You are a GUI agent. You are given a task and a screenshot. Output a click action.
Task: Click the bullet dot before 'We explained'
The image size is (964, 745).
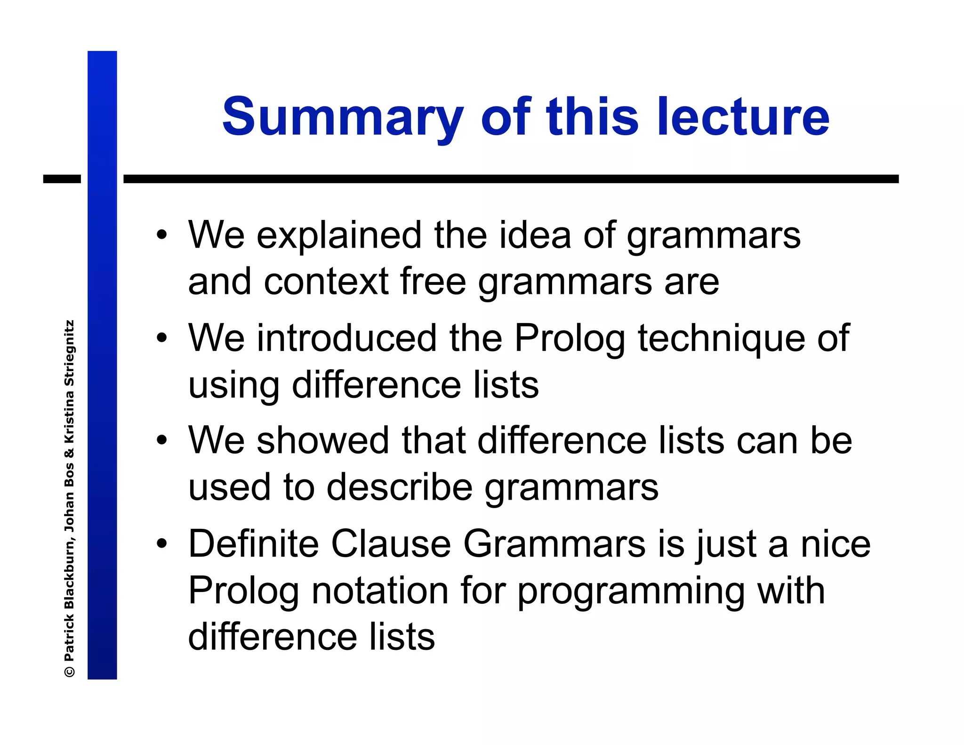pos(162,235)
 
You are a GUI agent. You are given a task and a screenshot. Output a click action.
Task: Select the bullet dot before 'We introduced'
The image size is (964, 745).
pos(162,338)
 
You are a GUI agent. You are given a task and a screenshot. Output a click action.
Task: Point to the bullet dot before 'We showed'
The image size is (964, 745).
pos(162,440)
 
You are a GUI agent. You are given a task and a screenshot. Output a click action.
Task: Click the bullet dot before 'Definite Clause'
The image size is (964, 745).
pos(162,543)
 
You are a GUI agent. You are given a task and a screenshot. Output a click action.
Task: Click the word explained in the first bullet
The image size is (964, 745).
pos(339,235)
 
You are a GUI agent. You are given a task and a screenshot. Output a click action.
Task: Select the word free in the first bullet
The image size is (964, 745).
pos(433,282)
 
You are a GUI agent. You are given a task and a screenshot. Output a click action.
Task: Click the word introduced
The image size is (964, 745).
pos(346,338)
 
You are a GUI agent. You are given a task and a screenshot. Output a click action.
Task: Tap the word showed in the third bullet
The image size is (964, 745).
pos(322,440)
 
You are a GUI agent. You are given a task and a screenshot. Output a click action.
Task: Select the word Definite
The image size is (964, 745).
pos(254,543)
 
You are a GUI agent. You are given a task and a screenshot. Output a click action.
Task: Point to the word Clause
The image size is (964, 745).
pos(391,543)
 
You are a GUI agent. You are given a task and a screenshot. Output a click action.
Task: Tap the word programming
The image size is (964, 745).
pos(631,591)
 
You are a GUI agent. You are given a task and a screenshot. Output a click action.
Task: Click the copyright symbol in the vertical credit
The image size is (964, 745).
pos(70,672)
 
